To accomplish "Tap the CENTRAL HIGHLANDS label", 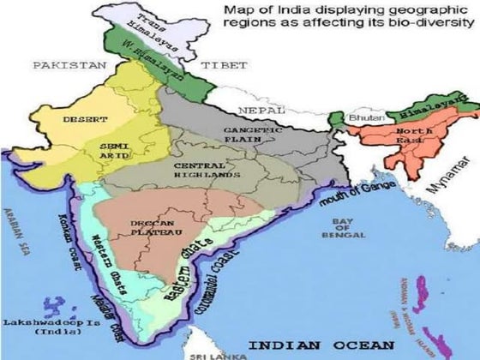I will (x=206, y=170).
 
